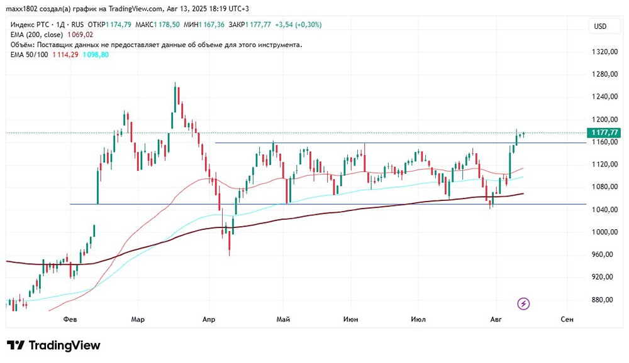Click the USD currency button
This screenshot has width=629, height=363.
click(x=600, y=26)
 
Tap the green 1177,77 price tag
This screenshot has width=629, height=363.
click(x=603, y=133)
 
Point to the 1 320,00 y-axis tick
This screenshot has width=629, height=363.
click(x=602, y=51)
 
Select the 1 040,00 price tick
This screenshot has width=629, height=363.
click(x=602, y=210)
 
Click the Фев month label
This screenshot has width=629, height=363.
click(x=70, y=320)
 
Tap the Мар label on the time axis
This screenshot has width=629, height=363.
click(x=138, y=320)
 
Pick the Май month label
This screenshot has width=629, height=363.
click(x=283, y=320)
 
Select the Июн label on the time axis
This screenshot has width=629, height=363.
click(x=351, y=320)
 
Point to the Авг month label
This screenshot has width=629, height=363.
click(x=496, y=320)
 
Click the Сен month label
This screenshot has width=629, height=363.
click(x=567, y=320)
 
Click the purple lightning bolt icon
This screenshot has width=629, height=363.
click(x=523, y=304)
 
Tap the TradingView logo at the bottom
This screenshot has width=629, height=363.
click(x=53, y=345)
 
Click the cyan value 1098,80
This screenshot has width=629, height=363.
click(x=96, y=55)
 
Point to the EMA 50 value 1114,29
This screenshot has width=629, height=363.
click(x=66, y=55)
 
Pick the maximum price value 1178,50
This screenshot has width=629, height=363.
click(x=167, y=24)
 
